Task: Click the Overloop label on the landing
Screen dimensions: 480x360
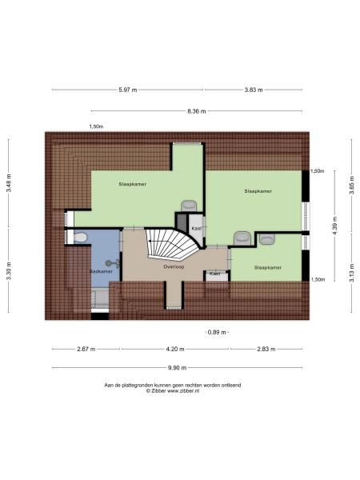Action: [173, 266]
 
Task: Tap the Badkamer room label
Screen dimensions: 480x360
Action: [101, 272]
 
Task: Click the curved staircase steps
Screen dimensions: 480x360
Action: [170, 239]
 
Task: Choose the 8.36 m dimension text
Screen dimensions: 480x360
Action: [197, 111]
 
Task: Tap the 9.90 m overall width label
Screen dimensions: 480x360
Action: [178, 368]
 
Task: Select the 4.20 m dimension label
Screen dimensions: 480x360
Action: [176, 349]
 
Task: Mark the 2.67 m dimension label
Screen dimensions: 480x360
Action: [86, 349]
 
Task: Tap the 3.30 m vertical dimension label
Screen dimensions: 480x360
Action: [10, 274]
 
